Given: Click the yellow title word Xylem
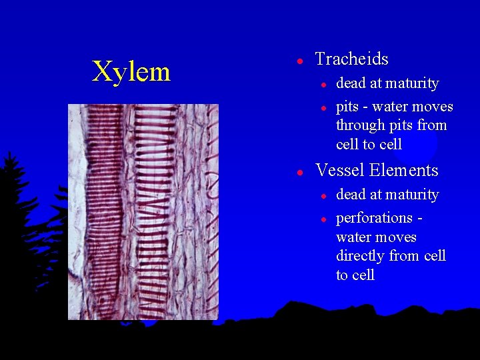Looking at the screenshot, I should coord(131,71).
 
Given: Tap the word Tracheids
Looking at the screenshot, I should coord(351,59).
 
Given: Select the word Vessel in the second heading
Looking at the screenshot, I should coord(339,171).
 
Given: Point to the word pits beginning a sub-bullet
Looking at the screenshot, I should coord(347,107).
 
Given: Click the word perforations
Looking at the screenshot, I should coord(375,218).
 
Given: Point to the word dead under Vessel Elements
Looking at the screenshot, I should coord(350,195).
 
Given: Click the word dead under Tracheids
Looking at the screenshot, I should coord(350,83).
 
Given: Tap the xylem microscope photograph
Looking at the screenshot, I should coord(143,211).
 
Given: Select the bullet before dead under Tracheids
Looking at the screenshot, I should coord(322,85).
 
